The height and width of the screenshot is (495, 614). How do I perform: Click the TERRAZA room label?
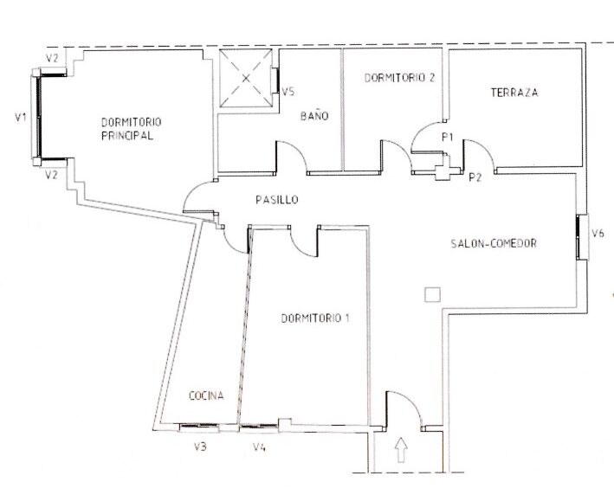[x=514, y=93]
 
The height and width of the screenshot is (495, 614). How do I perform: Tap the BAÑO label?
[x=314, y=116]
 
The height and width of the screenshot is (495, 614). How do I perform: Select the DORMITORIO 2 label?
[x=399, y=78]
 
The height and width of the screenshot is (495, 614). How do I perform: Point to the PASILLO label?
[x=277, y=200]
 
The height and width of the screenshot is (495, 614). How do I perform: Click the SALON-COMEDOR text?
[x=494, y=243]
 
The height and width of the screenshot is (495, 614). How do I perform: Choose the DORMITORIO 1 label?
[x=315, y=318]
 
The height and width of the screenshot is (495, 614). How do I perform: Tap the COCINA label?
[x=206, y=395]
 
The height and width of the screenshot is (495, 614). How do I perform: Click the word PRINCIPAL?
[x=127, y=136]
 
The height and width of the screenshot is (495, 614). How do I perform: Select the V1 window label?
[x=21, y=117]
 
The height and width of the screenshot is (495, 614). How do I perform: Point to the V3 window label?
[x=200, y=447]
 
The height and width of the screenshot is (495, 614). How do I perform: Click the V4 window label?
[x=259, y=447]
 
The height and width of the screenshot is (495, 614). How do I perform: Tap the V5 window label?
[x=288, y=93]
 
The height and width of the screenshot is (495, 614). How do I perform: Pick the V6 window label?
[x=598, y=234]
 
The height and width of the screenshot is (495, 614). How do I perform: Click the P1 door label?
[x=447, y=137]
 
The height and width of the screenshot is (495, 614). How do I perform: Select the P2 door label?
[x=475, y=177]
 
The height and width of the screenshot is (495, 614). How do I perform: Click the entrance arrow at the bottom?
[x=400, y=450]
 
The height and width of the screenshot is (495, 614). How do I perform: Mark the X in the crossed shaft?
[x=246, y=78]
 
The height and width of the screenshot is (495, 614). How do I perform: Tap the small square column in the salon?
[x=432, y=294]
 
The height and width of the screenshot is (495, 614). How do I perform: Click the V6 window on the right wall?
[x=578, y=237]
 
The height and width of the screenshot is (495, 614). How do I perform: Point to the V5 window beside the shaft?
[x=277, y=80]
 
